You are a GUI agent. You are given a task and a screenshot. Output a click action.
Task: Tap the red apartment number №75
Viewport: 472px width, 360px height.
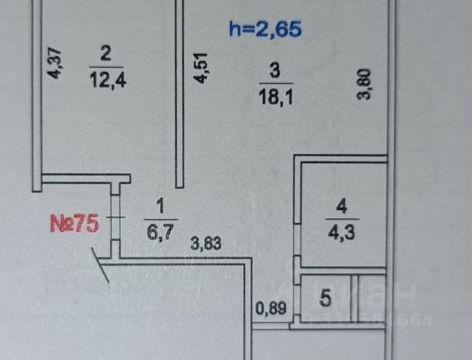point(74,224)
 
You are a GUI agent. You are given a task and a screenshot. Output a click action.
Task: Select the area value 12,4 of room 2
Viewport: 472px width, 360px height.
point(106,78)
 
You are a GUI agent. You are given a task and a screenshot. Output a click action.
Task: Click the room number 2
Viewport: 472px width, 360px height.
point(106,53)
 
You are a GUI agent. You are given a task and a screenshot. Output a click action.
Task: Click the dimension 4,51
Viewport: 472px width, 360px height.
point(200,69)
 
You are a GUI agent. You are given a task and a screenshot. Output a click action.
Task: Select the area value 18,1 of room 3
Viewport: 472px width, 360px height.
point(274,96)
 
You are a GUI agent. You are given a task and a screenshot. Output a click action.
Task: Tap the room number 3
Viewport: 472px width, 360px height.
point(274,72)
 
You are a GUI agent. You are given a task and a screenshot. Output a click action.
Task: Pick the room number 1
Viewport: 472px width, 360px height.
point(159,203)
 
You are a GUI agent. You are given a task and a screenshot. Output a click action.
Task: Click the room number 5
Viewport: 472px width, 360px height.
point(325,298)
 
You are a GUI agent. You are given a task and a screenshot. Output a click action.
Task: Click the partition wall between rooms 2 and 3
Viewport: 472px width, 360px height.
point(180,94)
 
